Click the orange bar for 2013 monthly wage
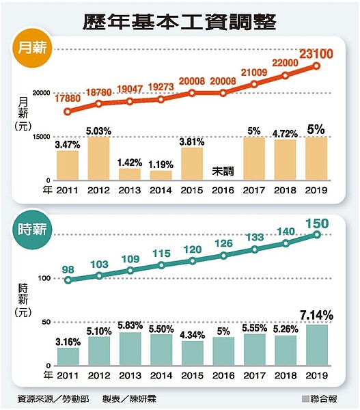130,174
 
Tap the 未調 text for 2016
223,171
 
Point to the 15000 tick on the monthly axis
41,137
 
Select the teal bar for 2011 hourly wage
68,356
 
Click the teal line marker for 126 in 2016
223,256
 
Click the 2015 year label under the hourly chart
192,375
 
